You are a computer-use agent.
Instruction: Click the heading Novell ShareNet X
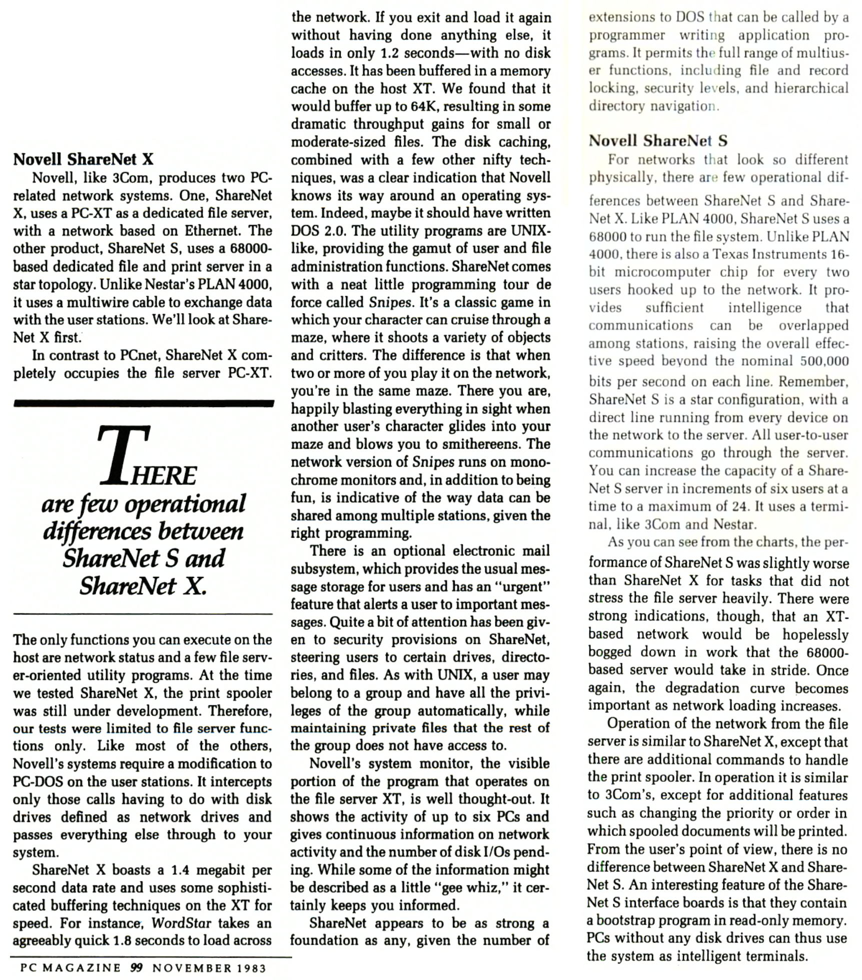83,159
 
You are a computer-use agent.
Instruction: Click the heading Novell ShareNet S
658,141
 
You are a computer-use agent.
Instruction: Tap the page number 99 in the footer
136,968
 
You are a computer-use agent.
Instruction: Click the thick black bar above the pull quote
144,403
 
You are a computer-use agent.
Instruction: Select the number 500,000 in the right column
824,361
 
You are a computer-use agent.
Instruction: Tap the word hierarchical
811,88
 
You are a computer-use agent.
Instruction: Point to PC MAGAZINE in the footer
71,968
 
